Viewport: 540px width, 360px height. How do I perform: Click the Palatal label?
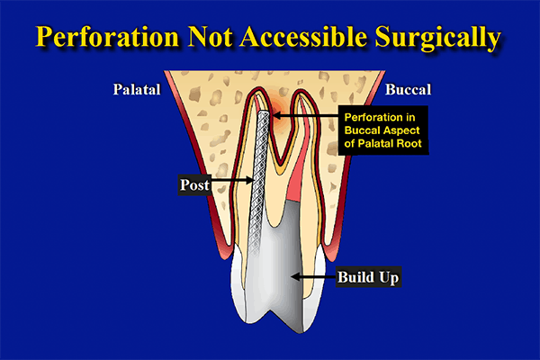(134, 91)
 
